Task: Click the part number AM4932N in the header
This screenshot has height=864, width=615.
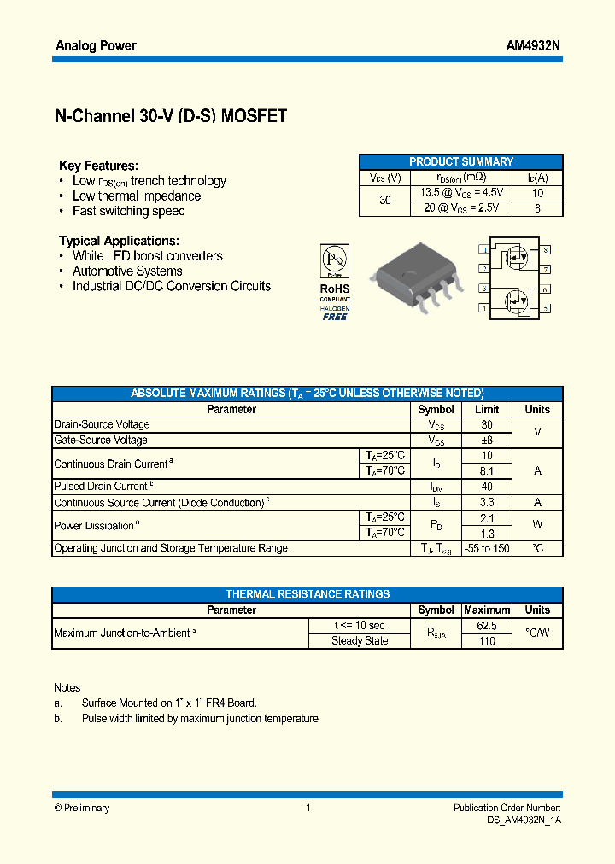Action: [533, 46]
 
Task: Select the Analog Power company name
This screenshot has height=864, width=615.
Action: [96, 46]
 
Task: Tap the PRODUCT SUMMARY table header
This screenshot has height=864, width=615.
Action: [461, 161]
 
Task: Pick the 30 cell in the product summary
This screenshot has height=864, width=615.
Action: [385, 200]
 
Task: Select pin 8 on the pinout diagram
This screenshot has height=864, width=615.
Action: [545, 250]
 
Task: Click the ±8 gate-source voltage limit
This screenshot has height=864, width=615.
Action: [487, 440]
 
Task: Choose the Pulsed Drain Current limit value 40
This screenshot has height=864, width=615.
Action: [487, 487]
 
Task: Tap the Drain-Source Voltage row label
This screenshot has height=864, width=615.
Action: [102, 424]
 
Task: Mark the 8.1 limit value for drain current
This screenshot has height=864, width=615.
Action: [487, 470]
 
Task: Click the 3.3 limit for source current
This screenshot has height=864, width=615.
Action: [487, 502]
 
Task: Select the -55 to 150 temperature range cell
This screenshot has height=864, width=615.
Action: [487, 548]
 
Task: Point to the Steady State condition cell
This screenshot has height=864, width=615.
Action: [360, 640]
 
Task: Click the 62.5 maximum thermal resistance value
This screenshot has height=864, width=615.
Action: [487, 625]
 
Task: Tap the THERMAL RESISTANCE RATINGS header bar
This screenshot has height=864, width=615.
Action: [307, 594]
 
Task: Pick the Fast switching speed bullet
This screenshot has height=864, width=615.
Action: [128, 211]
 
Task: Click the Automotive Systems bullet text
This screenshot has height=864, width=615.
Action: [127, 271]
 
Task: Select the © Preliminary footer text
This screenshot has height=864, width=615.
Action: [82, 808]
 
